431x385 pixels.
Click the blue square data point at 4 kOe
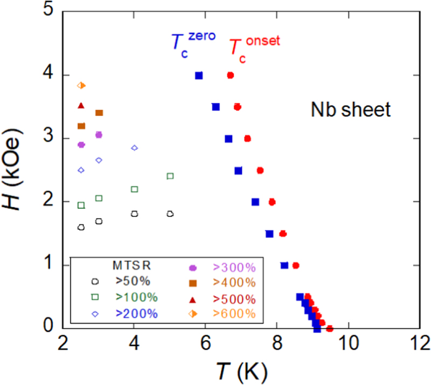point(199,75)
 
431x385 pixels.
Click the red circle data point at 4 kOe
point(231,75)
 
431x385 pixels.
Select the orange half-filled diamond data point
point(81,85)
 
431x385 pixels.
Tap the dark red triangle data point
point(81,106)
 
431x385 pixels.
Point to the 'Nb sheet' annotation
point(350,110)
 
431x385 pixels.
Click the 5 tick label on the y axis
point(49,12)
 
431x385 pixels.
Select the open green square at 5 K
point(170,176)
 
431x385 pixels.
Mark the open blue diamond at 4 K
point(135,148)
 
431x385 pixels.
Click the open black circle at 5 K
point(170,214)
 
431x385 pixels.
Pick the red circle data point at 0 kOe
point(330,328)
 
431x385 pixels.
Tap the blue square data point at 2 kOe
point(255,202)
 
